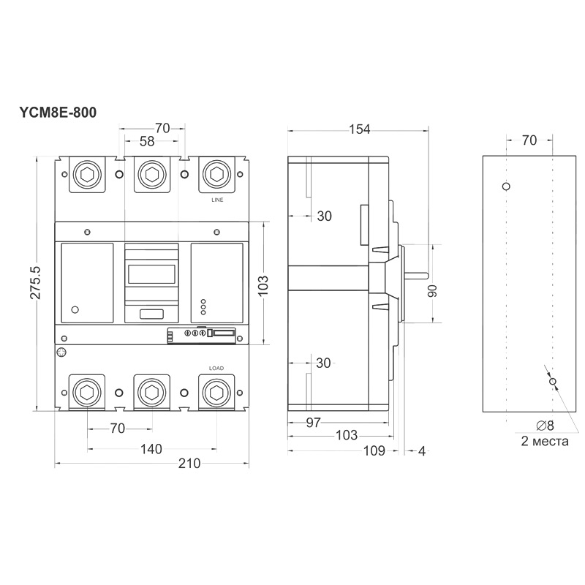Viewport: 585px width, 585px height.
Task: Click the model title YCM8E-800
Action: pos(58,113)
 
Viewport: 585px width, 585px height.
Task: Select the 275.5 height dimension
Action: pos(36,282)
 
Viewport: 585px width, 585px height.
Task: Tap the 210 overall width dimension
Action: pos(189,464)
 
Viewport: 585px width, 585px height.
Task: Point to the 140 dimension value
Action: pos(151,449)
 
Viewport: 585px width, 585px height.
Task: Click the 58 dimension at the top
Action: pos(147,141)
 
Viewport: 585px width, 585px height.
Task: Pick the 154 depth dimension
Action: pos(359,129)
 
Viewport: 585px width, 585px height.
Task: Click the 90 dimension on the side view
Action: pos(432,290)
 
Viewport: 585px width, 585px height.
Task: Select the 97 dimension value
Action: pos(313,423)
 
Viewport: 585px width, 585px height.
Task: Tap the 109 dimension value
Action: pos(374,450)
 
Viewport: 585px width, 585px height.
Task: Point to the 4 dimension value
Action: pos(422,451)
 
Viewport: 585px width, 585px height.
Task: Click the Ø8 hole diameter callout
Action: pos(545,426)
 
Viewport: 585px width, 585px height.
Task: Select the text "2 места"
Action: pos(545,442)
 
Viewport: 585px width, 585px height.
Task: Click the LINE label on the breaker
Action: pos(217,200)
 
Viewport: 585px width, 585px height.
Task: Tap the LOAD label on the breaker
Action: pos(216,369)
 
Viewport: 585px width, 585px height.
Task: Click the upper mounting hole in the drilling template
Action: pos(506,186)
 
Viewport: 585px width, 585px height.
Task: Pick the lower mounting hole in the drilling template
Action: pos(553,381)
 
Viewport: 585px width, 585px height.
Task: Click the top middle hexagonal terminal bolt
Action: pos(152,174)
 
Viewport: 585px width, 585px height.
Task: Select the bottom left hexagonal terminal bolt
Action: pos(87,393)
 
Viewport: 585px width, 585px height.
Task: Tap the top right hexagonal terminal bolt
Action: pos(216,174)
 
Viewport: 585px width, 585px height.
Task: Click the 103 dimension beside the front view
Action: pos(263,285)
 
